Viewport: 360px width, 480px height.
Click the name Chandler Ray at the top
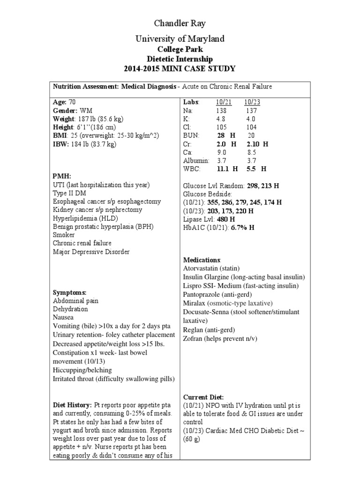click(180, 23)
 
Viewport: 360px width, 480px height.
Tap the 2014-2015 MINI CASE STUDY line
click(180, 69)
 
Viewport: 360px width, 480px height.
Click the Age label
click(60, 102)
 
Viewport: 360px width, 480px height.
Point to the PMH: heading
click(62, 176)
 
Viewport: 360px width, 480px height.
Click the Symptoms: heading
click(70, 292)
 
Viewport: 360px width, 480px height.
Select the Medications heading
click(201, 260)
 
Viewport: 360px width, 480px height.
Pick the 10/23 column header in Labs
click(252, 102)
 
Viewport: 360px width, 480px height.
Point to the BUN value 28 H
click(227, 136)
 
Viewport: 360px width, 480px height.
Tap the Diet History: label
click(73, 405)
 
